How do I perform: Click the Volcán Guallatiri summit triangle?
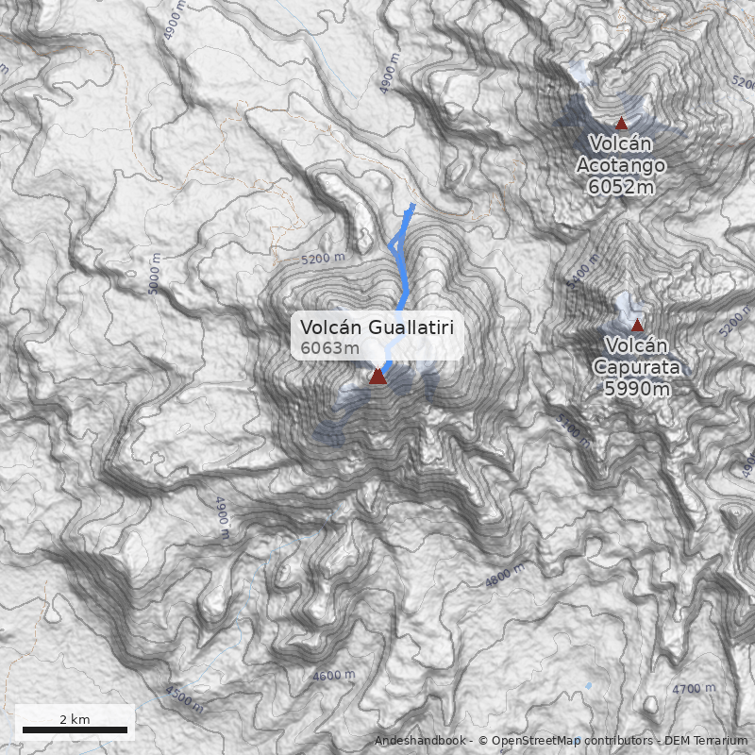click(377, 377)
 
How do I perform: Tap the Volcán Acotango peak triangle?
click(621, 123)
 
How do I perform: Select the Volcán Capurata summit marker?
click(637, 326)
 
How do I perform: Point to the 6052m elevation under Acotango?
click(620, 187)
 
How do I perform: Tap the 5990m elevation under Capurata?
click(637, 388)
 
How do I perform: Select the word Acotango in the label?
click(621, 165)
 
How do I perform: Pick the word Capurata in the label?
click(637, 367)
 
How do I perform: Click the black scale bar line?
click(75, 730)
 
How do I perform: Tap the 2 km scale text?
click(75, 719)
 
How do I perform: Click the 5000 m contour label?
click(156, 279)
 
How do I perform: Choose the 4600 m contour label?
click(334, 676)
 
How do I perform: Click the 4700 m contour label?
click(694, 690)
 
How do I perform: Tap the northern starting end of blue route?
click(412, 205)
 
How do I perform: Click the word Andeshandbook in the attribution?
click(419, 741)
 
